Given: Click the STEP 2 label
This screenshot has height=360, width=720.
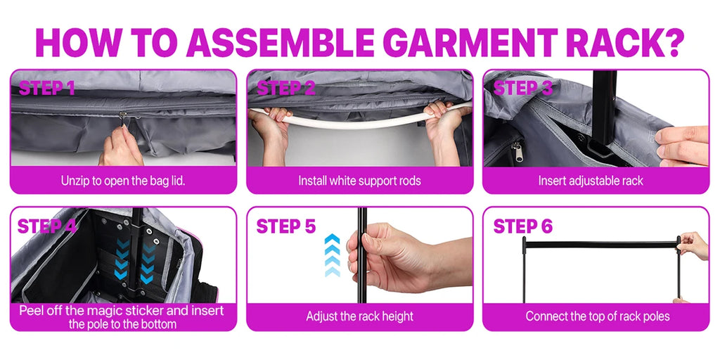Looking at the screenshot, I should click(x=285, y=89).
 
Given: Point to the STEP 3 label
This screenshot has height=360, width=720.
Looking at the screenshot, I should click(x=523, y=89).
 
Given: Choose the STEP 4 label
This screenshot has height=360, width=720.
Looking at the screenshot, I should click(x=47, y=226).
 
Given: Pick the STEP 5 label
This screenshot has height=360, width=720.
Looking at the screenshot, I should click(x=285, y=226).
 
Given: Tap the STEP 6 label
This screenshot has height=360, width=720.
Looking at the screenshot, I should click(x=523, y=226).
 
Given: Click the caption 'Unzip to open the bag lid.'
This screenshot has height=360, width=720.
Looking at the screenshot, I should click(x=123, y=181).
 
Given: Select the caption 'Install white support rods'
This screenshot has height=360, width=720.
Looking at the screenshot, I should click(x=359, y=181).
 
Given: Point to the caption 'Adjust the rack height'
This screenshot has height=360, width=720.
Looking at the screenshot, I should click(x=359, y=316).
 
